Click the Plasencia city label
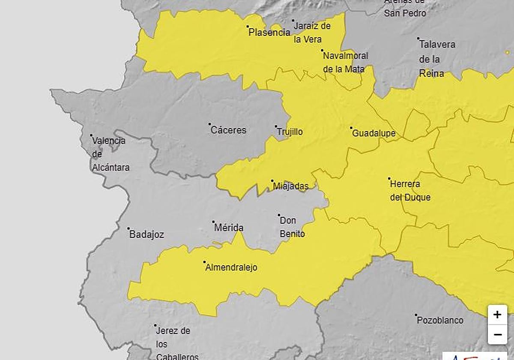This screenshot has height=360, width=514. click(x=269, y=33)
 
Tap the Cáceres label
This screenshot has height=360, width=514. click(x=228, y=130)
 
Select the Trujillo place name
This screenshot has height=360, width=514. click(x=290, y=132)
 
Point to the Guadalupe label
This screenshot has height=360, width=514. click(x=374, y=134)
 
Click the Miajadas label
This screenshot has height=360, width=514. click(x=291, y=186)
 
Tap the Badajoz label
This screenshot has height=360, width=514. click(x=146, y=235)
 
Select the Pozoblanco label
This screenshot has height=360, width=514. click(x=440, y=321)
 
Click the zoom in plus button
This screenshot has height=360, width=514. click(x=497, y=315)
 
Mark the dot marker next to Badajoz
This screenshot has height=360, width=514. click(x=128, y=229)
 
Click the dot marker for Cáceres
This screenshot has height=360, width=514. click(x=210, y=124)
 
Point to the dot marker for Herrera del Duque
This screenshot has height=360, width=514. click(x=389, y=178)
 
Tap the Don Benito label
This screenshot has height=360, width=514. click(x=292, y=227)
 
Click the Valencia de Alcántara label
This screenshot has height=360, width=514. click(x=110, y=154)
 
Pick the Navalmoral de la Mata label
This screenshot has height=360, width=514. click(x=345, y=62)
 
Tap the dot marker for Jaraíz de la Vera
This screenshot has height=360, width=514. click(x=293, y=21)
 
